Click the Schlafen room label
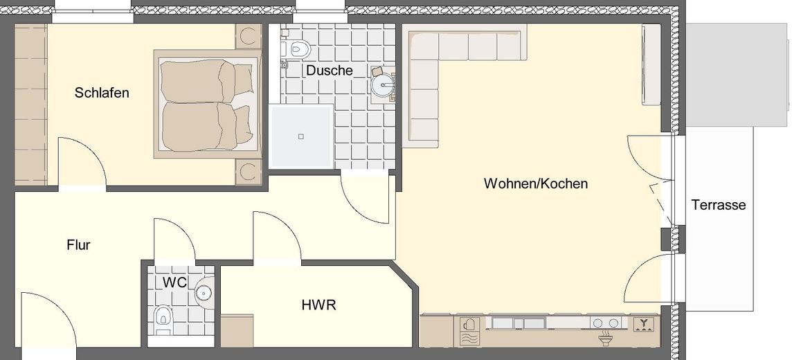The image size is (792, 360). pyautogui.click(x=102, y=93)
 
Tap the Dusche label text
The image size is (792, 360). pyautogui.click(x=330, y=71)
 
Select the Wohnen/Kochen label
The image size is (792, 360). pyautogui.click(x=536, y=183)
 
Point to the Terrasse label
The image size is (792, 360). pyautogui.click(x=718, y=205)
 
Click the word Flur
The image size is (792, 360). pyautogui.click(x=78, y=244)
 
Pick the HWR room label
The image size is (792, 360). pyautogui.click(x=318, y=305)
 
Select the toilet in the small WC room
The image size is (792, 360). pyautogui.click(x=163, y=316)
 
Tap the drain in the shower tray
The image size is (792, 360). pyautogui.click(x=300, y=136)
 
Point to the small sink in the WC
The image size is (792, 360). pyautogui.click(x=205, y=293)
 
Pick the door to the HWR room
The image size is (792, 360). pyautogui.click(x=276, y=239)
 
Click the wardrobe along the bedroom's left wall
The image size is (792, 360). pyautogui.click(x=30, y=104)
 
